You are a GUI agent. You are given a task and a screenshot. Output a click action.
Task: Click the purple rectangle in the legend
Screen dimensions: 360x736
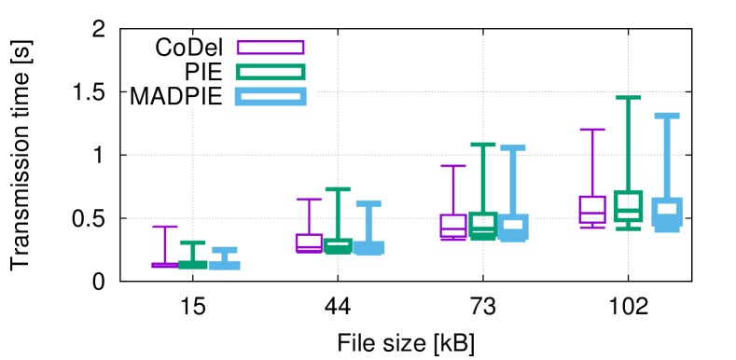click(x=271, y=48)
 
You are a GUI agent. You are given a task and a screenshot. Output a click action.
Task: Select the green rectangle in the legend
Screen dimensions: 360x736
click(x=271, y=72)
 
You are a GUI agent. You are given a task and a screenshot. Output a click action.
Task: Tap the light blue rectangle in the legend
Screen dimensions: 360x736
click(x=271, y=96)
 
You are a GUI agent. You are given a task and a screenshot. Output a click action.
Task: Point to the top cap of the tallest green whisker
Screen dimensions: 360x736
click(x=628, y=98)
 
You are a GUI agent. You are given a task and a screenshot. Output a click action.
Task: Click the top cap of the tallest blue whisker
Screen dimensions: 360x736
click(x=667, y=116)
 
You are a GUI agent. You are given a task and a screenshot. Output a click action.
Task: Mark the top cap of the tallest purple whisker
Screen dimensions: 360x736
click(x=592, y=130)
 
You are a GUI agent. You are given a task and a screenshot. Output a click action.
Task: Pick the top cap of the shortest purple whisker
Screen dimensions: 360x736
click(x=165, y=227)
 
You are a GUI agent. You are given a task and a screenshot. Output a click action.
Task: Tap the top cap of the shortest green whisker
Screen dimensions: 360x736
click(x=193, y=242)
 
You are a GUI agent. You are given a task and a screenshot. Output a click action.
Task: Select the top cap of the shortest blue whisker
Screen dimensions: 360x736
click(x=225, y=250)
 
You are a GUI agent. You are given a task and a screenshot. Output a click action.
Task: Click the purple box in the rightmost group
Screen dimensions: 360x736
click(x=592, y=209)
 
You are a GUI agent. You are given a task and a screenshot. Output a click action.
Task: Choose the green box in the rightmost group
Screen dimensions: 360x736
click(x=628, y=205)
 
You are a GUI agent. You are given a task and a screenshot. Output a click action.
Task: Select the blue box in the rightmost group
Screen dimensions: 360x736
click(x=667, y=212)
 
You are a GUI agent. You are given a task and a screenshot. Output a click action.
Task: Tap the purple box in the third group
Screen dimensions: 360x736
click(x=453, y=226)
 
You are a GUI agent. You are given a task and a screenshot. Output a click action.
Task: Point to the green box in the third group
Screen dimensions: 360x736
click(x=483, y=224)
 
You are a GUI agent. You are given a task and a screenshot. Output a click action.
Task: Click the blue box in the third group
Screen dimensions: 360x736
click(x=513, y=227)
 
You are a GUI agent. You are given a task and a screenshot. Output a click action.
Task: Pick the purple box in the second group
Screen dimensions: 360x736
click(x=309, y=242)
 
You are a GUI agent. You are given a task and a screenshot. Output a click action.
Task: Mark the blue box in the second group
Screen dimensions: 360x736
click(x=368, y=247)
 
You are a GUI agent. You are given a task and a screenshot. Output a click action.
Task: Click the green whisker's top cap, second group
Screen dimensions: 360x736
click(x=338, y=189)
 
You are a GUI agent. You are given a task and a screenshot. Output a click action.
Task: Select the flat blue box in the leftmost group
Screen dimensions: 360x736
click(x=225, y=265)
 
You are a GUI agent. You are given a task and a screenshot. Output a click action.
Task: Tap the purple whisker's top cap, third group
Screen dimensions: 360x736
click(x=453, y=166)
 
